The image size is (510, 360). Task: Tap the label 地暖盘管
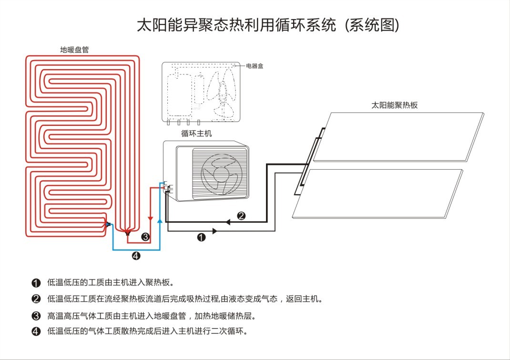(x=74, y=50)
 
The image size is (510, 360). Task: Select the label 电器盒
(x=255, y=66)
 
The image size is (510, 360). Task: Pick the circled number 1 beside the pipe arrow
(x=201, y=237)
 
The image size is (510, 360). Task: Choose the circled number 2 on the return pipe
(x=241, y=216)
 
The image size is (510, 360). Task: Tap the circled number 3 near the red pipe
(x=145, y=237)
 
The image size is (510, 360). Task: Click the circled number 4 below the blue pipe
(x=136, y=256)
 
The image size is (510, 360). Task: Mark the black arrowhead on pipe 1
(x=214, y=231)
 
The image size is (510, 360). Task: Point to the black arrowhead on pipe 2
(x=228, y=222)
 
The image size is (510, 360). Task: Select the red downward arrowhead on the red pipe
(x=151, y=219)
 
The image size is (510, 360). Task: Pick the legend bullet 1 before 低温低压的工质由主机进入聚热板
(x=36, y=283)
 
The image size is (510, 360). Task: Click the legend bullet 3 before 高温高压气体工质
(x=36, y=316)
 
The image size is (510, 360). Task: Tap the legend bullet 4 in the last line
(x=36, y=331)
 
